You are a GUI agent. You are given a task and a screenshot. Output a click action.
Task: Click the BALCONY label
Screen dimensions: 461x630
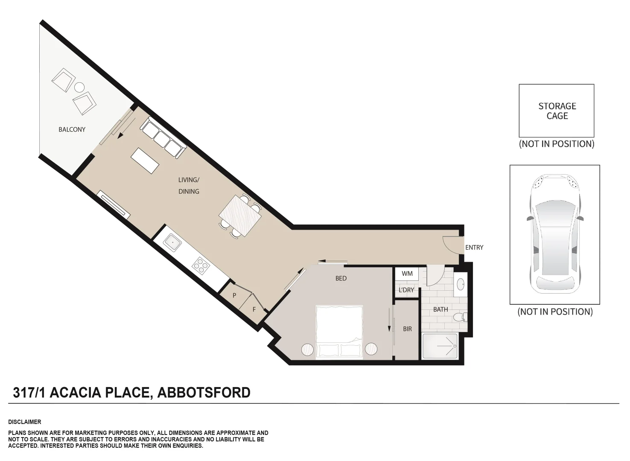point(72,129)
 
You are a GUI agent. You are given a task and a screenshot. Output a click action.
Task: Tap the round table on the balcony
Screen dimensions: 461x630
point(79,88)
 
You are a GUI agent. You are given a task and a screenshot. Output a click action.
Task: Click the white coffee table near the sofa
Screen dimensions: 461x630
point(145,160)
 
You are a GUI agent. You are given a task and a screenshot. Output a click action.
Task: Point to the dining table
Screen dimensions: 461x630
point(240,216)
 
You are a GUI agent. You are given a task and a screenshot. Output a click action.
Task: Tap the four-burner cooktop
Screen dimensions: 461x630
point(201,266)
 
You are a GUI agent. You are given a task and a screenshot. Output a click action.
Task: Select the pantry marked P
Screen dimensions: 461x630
point(234,295)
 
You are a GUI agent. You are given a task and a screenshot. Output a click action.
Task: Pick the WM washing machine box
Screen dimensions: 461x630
point(407,274)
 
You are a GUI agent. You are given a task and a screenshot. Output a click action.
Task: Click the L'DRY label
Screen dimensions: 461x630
point(406,290)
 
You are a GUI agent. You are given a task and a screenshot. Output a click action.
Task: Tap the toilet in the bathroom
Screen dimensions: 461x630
point(460,317)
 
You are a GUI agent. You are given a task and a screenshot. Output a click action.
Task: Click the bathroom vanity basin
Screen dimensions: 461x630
point(461,284)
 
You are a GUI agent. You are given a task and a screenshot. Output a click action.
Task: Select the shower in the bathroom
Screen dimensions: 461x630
point(440,346)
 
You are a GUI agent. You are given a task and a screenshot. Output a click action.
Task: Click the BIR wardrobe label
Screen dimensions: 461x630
point(407,329)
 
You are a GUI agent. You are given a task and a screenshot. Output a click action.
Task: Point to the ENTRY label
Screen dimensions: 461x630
point(474,248)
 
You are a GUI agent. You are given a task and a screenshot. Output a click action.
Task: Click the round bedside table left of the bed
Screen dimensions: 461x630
point(308,349)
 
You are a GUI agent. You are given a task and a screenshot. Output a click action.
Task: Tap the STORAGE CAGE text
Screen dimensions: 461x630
point(557,111)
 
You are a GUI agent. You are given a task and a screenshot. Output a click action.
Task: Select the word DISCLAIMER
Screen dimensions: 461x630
point(25,422)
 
